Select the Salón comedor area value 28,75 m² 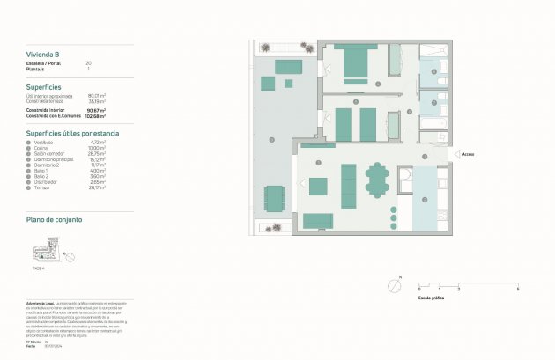(97, 153)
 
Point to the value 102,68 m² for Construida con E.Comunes (96, 115)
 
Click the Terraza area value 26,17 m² (97, 187)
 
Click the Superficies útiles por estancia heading (72, 132)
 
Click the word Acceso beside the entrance (469, 154)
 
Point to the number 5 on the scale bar (518, 289)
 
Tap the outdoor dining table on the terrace (275, 199)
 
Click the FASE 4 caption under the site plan (38, 269)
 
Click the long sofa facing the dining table (349, 186)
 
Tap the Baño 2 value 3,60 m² (97, 176)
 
